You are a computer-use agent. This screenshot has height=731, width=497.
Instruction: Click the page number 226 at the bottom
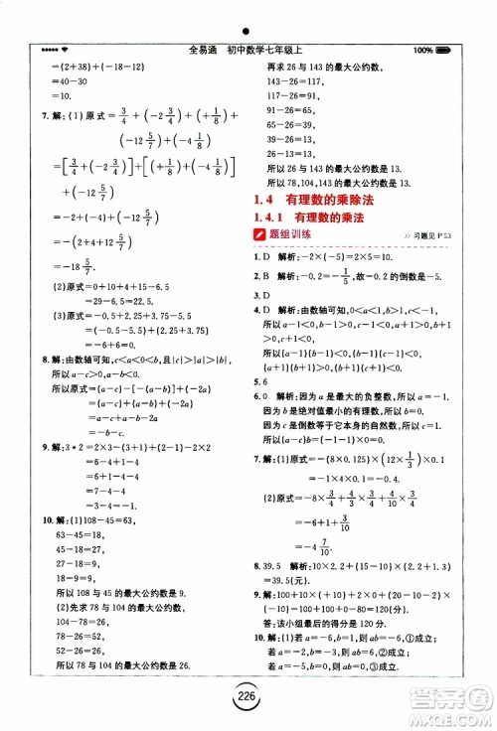248,697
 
